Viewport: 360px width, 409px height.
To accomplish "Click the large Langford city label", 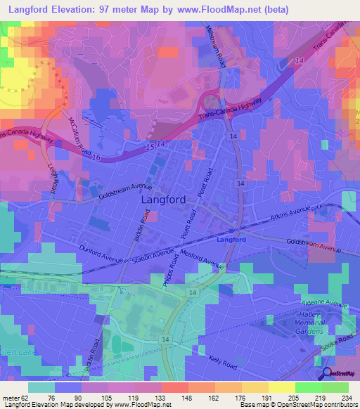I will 164,200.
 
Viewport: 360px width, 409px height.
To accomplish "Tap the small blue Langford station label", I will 233,240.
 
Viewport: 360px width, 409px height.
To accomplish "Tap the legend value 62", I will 27,398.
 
